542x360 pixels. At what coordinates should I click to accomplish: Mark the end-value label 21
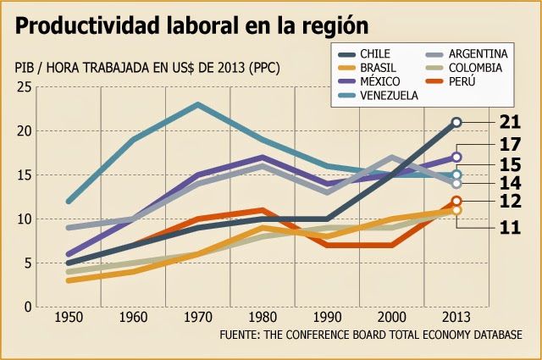pos(510,121)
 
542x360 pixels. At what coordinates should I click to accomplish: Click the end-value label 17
pos(510,145)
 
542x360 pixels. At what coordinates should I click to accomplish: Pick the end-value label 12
pos(510,202)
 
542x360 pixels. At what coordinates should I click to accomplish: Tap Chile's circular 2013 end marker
pos(456,122)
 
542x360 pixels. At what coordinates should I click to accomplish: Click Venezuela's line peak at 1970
pos(197,105)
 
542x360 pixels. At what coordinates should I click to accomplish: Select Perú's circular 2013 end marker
pos(456,201)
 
